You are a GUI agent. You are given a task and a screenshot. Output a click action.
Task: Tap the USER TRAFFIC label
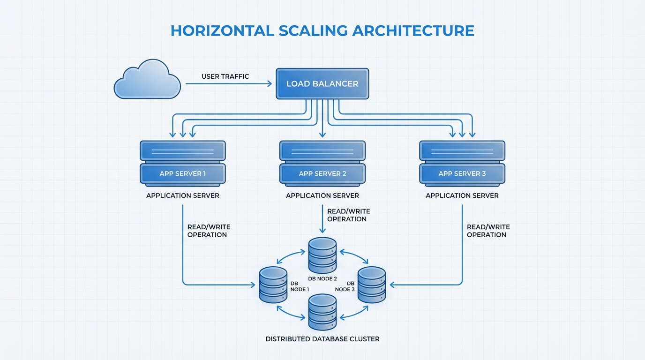coord(225,76)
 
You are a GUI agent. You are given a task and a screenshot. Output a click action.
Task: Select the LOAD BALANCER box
coord(322,84)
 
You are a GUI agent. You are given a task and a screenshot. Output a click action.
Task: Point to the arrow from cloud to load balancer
coord(228,84)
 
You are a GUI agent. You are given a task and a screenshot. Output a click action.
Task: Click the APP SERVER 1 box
coord(183,173)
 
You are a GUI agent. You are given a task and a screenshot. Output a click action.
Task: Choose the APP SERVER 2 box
coord(322,173)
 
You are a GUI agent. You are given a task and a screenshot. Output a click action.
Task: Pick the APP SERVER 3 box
coord(462,173)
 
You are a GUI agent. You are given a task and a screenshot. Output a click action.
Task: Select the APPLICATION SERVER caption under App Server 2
coord(322,195)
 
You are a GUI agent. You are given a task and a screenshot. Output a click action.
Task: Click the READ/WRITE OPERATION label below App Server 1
coord(209,231)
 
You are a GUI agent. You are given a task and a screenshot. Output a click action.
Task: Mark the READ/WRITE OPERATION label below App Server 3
coord(488,231)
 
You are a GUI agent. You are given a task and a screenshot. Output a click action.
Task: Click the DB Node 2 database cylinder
coord(322,255)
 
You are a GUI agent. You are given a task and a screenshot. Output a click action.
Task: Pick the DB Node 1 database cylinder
coord(273,285)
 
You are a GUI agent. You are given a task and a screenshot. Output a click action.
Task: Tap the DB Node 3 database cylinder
coord(372,285)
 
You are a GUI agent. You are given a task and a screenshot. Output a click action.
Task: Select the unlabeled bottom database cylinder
coord(322,312)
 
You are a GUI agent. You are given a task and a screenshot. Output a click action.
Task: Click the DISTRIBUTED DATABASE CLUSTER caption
coord(322,339)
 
